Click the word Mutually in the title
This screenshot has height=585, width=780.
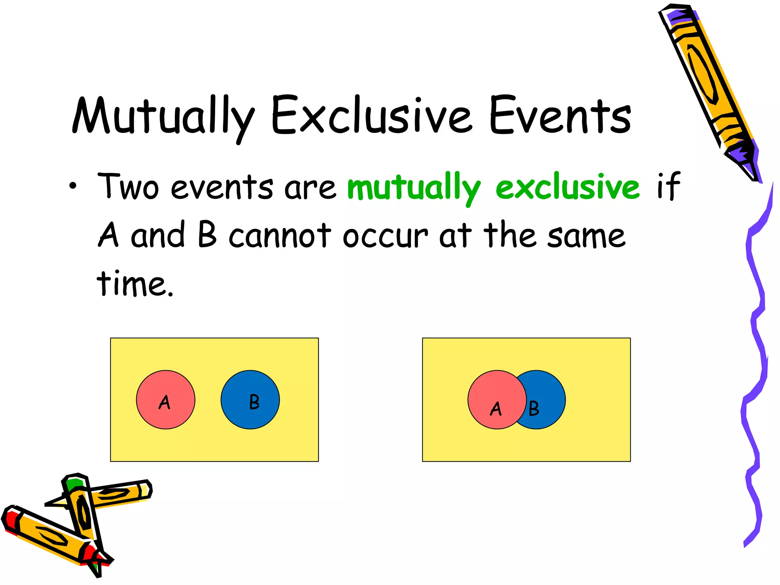(163, 116)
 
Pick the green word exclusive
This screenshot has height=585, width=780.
(567, 187)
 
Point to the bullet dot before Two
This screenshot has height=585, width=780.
(73, 186)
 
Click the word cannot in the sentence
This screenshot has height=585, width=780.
(280, 235)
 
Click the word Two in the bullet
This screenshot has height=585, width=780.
(128, 187)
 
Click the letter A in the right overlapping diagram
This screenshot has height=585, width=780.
(496, 409)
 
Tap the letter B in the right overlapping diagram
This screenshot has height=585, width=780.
(534, 409)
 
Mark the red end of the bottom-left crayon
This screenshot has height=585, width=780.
(11, 520)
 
